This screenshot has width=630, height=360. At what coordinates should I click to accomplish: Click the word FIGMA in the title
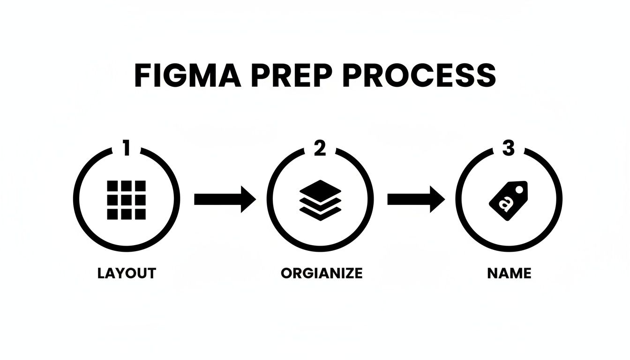click(x=187, y=75)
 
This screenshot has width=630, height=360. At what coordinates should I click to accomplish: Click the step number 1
click(x=126, y=149)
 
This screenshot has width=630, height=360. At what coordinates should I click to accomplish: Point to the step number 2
click(x=319, y=149)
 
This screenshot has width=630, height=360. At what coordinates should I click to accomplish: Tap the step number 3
click(x=509, y=149)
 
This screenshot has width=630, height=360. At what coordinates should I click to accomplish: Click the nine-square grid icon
click(x=126, y=200)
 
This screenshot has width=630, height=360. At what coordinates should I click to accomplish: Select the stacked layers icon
click(x=320, y=200)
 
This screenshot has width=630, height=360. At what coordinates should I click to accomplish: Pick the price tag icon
click(x=508, y=201)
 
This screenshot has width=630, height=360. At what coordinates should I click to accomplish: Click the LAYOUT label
click(x=127, y=273)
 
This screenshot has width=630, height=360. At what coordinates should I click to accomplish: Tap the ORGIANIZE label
click(x=322, y=273)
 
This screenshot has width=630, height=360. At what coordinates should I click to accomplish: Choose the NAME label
click(x=509, y=273)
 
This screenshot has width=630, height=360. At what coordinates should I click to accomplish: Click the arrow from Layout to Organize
click(x=225, y=200)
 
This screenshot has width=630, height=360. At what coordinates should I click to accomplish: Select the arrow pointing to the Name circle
click(x=415, y=200)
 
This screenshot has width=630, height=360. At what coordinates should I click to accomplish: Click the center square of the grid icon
click(x=126, y=200)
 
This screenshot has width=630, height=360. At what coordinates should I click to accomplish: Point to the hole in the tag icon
click(x=519, y=189)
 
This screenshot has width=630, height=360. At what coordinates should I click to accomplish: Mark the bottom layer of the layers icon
click(x=320, y=213)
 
